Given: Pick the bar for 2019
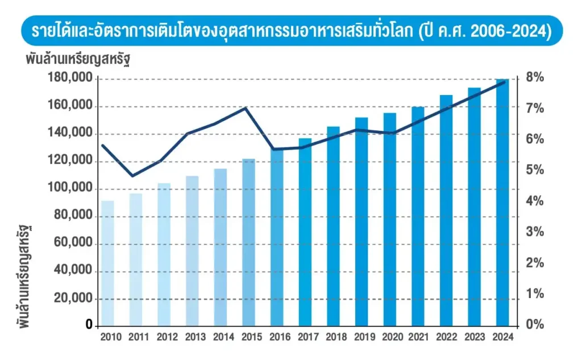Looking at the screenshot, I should (361, 222).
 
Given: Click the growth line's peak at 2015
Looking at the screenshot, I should (246, 107).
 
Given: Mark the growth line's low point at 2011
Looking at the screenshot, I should (133, 176).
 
